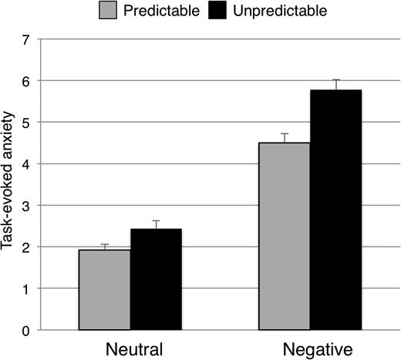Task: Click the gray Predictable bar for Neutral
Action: [x=104, y=290]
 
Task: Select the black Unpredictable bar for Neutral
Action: [x=155, y=279]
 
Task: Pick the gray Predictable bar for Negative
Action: [x=284, y=236]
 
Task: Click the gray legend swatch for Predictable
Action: [x=108, y=11]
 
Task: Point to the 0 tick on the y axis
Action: [x=25, y=330]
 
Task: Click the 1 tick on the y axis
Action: [x=25, y=288]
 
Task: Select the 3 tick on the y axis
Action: [x=25, y=205]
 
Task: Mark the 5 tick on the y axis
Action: [x=25, y=122]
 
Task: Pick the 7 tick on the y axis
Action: [x=25, y=39]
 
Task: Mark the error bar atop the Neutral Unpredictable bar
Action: [x=155, y=224]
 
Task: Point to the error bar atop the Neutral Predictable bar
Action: [x=104, y=247]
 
